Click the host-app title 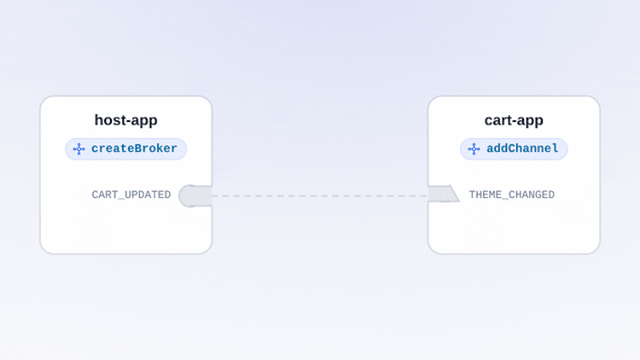tap(125, 120)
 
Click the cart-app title tap(514, 120)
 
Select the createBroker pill tap(125, 149)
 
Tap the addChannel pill tap(514, 149)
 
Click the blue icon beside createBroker tap(79, 149)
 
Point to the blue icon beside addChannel tap(474, 149)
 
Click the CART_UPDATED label tap(131, 195)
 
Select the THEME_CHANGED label tap(512, 195)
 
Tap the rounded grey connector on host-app tap(195, 196)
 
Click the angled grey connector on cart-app tap(444, 194)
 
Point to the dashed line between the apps tap(320, 196)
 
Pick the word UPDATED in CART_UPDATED tap(148, 195)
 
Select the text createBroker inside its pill tap(134, 148)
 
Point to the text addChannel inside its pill tap(522, 148)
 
